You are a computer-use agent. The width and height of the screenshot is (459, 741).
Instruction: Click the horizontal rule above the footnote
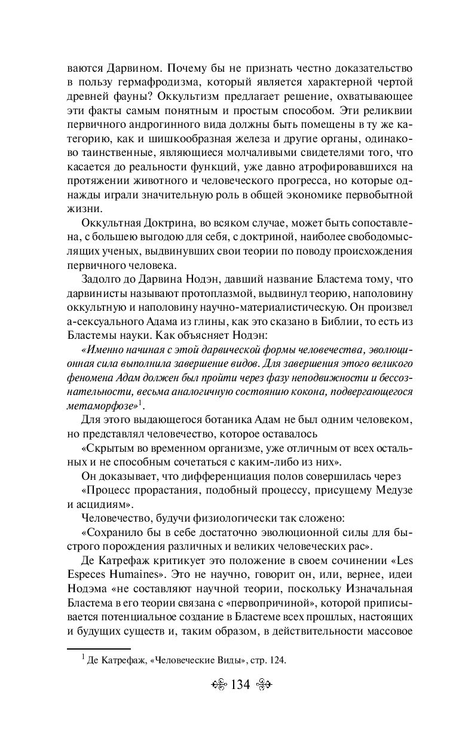[98, 648]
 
